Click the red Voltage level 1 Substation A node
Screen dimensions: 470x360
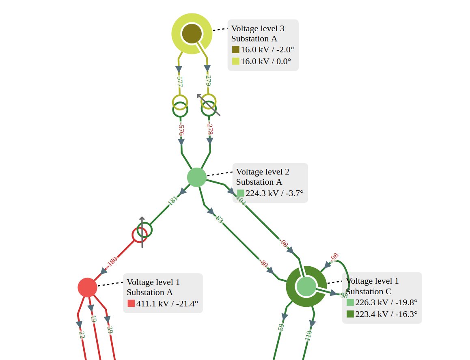pyautogui.click(x=87, y=287)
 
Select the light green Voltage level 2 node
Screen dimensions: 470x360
pyautogui.click(x=196, y=177)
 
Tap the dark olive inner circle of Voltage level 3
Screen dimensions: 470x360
pyautogui.click(x=192, y=34)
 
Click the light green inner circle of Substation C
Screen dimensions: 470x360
pyautogui.click(x=306, y=286)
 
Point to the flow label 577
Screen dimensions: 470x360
pyautogui.click(x=180, y=82)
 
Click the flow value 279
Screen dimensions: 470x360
pyautogui.click(x=208, y=81)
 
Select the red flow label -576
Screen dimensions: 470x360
pyautogui.click(x=181, y=130)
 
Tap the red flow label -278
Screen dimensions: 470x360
pyautogui.click(x=210, y=129)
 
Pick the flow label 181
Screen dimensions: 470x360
pyautogui.click(x=172, y=201)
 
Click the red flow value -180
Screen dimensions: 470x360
pyautogui.click(x=112, y=262)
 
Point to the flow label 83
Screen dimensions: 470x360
pyautogui.click(x=220, y=220)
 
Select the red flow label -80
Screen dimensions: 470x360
pyautogui.click(x=263, y=263)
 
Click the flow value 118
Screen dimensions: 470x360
pyautogui.click(x=308, y=335)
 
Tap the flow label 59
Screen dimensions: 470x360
pyautogui.click(x=280, y=327)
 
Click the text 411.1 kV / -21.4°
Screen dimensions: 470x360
pyautogui.click(x=167, y=304)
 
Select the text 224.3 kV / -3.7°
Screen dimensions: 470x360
pyautogui.click(x=274, y=193)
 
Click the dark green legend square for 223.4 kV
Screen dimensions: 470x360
pyautogui.click(x=350, y=314)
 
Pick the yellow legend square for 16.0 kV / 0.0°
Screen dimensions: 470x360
pyautogui.click(x=236, y=61)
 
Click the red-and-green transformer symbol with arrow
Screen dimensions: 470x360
pyautogui.click(x=142, y=232)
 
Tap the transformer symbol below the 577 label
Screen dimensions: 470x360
pyautogui.click(x=180, y=106)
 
